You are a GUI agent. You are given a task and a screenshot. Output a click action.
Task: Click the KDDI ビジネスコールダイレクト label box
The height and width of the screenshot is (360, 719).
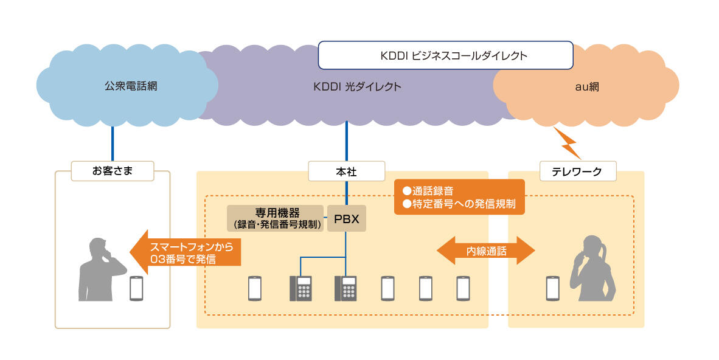[445, 55]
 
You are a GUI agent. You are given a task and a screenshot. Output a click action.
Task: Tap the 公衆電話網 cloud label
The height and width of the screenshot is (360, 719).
[130, 86]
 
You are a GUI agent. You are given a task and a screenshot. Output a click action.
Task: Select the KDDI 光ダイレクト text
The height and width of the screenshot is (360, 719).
[358, 86]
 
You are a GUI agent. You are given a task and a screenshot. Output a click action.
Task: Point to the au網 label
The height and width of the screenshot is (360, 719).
[587, 86]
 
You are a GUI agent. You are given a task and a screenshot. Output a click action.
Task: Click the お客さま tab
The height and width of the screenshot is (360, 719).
[113, 171]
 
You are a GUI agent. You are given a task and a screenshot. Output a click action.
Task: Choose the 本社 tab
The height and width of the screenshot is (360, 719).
[347, 171]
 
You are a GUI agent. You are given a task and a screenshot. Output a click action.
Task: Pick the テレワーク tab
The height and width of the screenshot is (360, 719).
[578, 171]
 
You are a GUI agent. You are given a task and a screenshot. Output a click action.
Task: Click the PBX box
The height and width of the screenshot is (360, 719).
[347, 218]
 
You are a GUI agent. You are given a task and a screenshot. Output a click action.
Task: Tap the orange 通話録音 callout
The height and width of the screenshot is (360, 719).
[459, 196]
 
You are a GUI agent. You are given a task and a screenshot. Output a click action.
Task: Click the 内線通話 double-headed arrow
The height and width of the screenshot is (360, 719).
[486, 250]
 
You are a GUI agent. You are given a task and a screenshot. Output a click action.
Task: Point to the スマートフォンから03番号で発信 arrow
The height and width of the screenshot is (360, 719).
[186, 252]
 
